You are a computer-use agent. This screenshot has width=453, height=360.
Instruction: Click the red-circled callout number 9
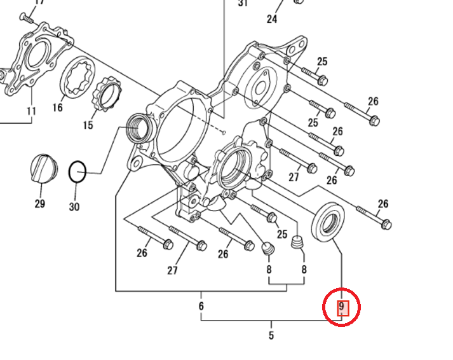coord(341,306)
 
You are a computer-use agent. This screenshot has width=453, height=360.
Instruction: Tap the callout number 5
coord(271,335)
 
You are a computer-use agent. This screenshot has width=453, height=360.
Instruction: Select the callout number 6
coord(201,306)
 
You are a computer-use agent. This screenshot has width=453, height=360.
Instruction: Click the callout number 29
coord(40,204)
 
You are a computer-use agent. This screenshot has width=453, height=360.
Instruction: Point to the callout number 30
coord(74,207)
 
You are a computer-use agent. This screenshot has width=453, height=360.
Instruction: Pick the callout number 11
coord(31,111)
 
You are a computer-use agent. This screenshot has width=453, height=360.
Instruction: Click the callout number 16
coord(57,107)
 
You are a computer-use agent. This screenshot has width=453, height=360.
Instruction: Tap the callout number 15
coord(88,125)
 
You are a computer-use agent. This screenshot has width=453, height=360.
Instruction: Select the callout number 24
coord(272,19)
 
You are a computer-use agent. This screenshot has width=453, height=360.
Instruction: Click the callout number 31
coord(243,3)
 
